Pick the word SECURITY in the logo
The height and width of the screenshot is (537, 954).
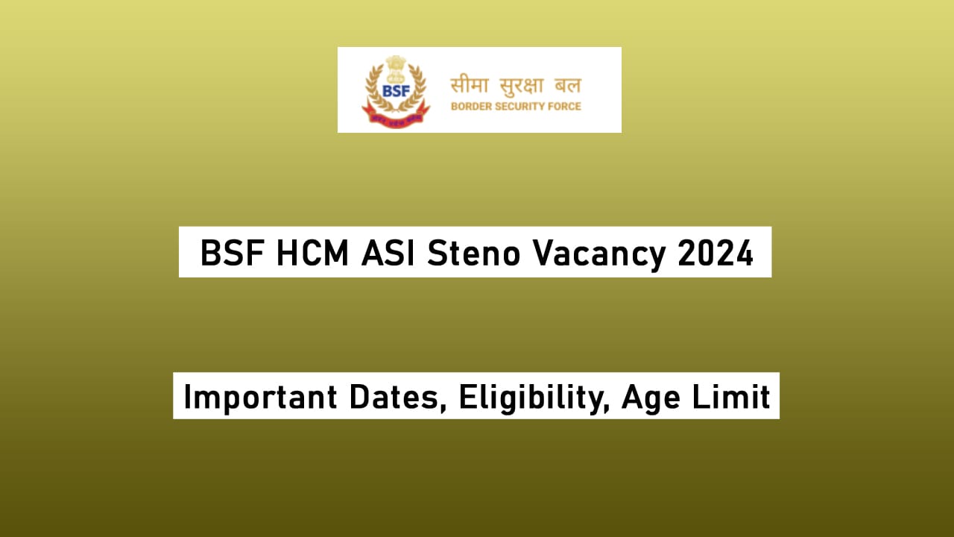click(x=520, y=107)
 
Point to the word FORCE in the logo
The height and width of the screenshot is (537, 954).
click(x=564, y=107)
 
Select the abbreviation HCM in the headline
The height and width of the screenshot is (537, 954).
click(x=312, y=254)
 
